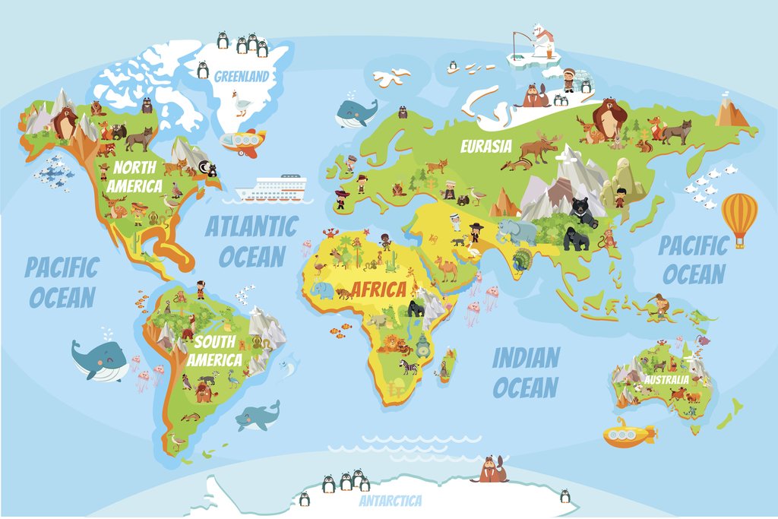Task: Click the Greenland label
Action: (241, 76)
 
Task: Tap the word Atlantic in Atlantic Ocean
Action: (251, 226)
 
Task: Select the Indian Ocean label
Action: (526, 372)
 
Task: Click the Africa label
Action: (378, 290)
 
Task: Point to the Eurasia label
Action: (486, 146)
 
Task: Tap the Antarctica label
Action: (391, 501)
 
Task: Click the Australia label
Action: (666, 378)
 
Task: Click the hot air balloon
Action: (739, 216)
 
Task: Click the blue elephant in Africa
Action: (322, 290)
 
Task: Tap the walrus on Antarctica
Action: (492, 471)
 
